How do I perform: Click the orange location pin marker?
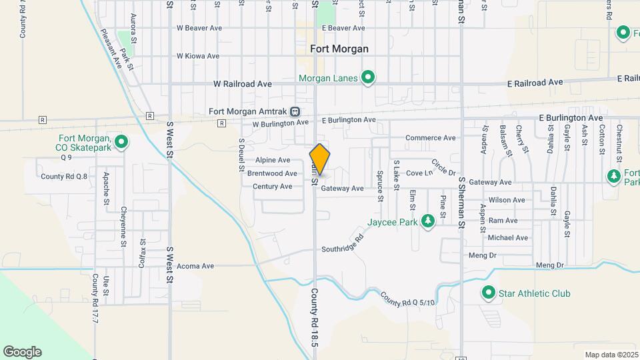[320, 159]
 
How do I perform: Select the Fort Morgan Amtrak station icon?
[295, 111]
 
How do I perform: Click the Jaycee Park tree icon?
[427, 221]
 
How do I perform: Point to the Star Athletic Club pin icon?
[489, 293]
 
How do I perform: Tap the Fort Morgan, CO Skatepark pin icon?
[121, 141]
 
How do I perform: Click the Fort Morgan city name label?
[339, 49]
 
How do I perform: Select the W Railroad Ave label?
[243, 84]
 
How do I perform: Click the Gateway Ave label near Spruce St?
[342, 189]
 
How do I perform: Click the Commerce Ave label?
[431, 138]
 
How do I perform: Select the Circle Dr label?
[443, 167]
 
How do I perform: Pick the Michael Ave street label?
[507, 237]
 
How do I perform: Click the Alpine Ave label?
[273, 160]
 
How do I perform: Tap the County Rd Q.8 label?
[64, 177]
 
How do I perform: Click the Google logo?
[22, 352]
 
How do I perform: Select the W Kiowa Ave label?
[198, 56]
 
